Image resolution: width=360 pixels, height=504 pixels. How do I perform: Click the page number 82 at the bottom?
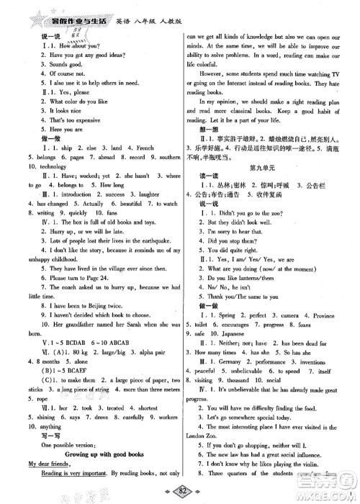point(179,492)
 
